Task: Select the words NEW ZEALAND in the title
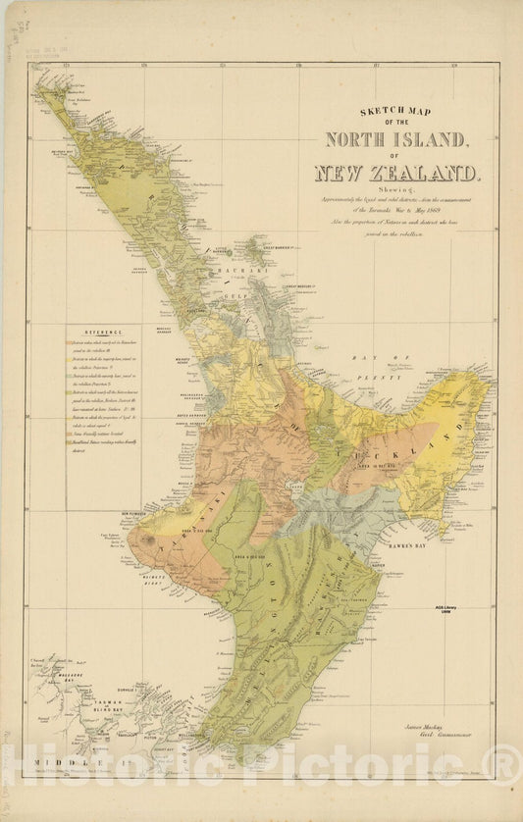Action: point(397,174)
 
